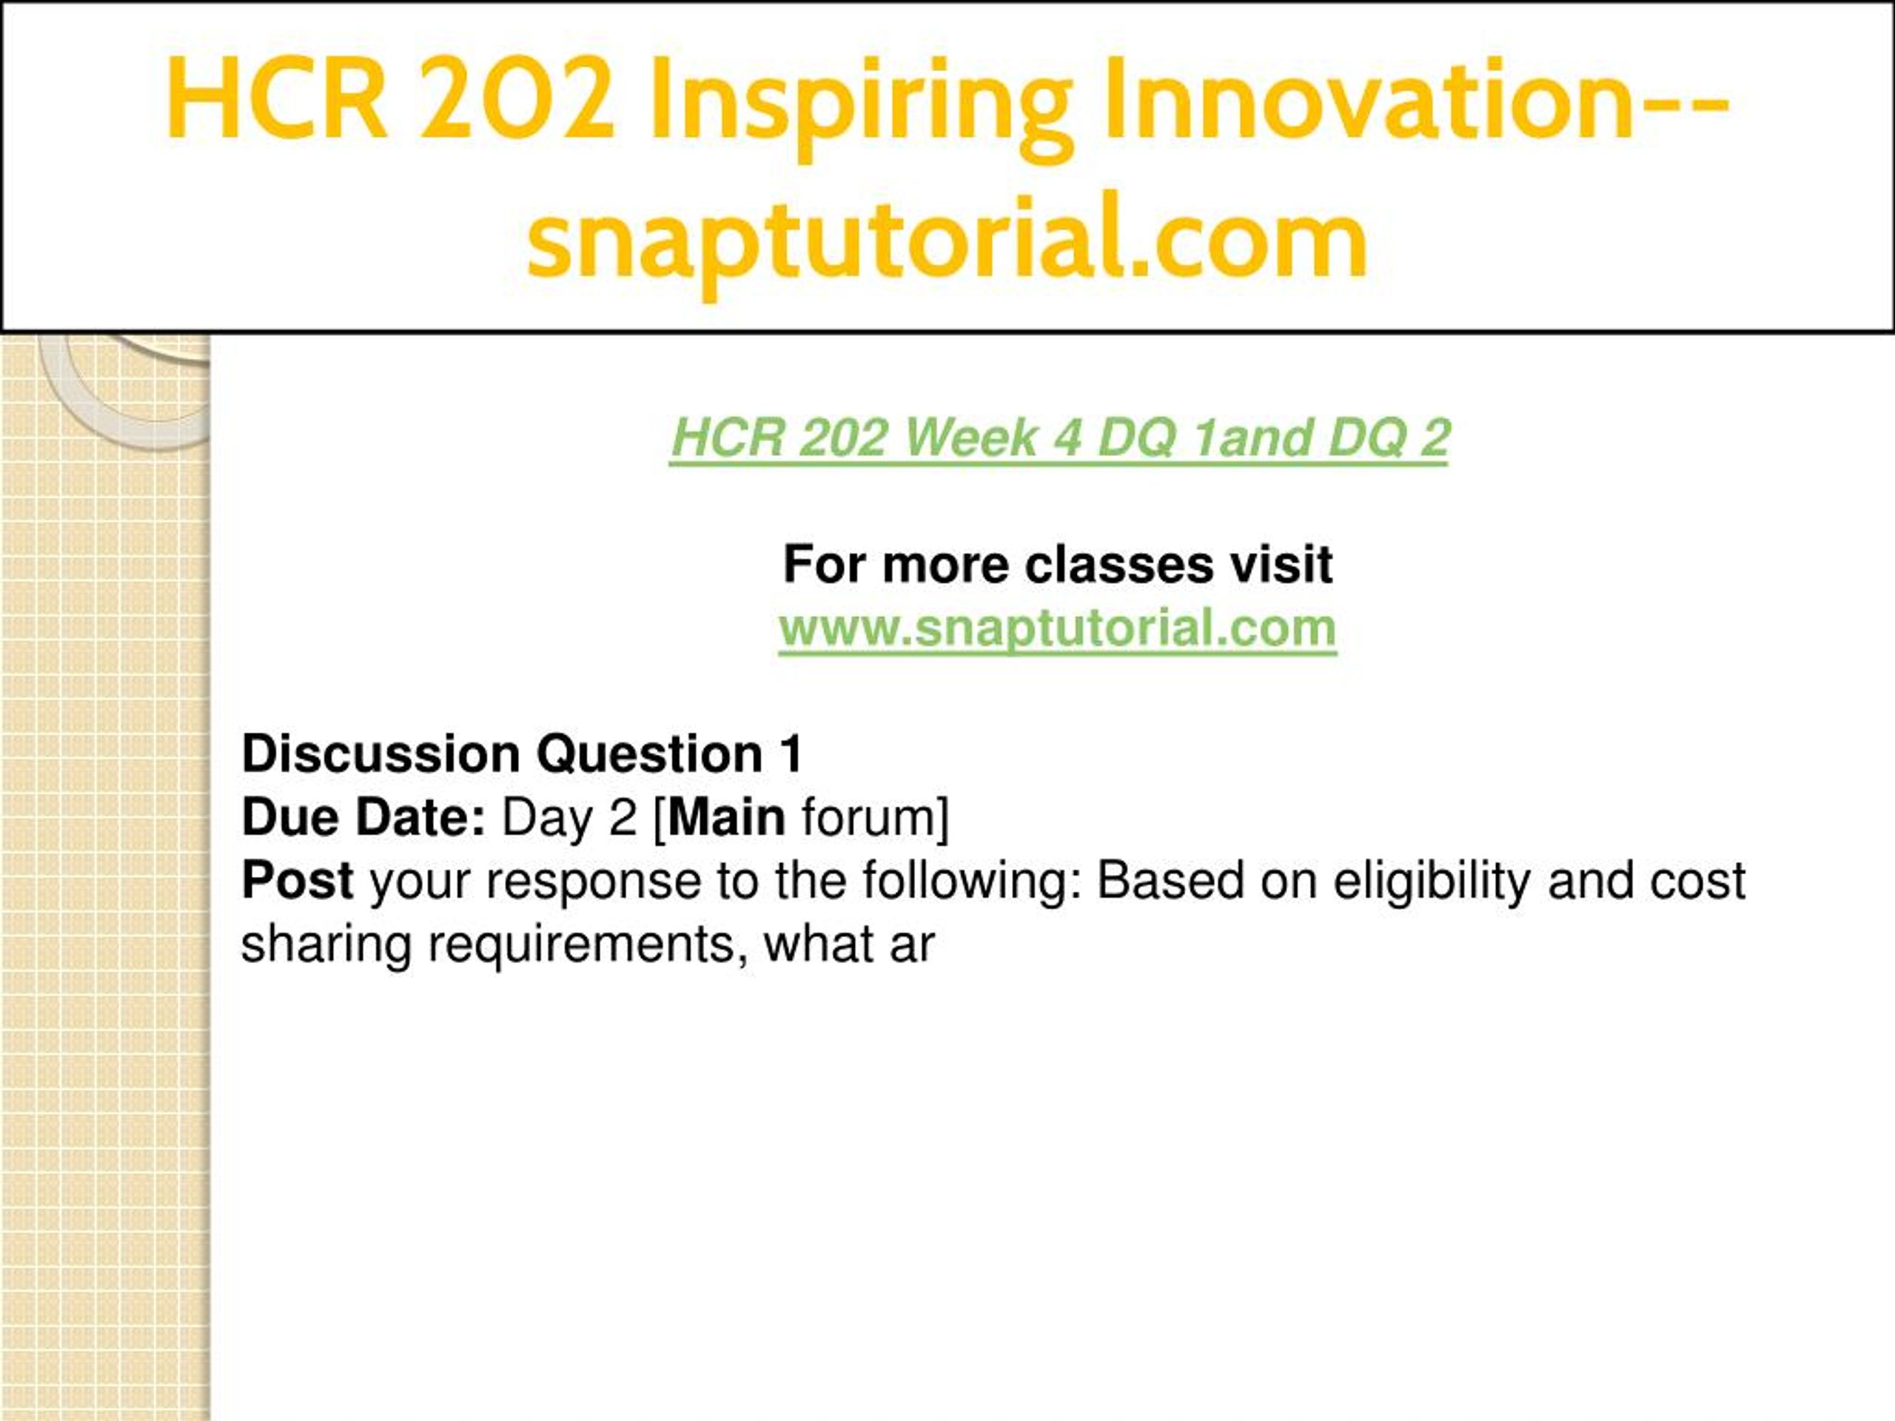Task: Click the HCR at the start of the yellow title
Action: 276,98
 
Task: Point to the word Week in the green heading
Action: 970,437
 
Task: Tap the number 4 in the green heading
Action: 1067,437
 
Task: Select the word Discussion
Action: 381,753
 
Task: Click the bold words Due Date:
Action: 364,817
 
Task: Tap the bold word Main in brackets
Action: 726,817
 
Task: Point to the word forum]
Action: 875,818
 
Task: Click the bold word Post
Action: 298,881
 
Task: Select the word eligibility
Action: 1432,881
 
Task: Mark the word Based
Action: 1170,881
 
